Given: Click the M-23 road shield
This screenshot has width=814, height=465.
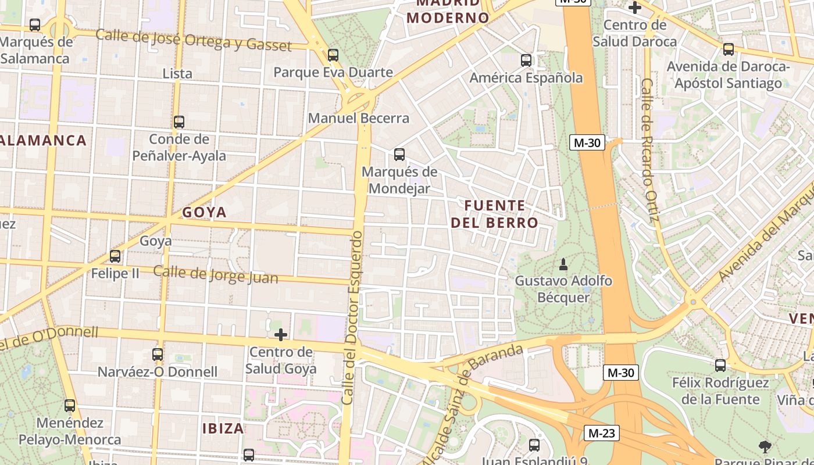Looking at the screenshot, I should pyautogui.click(x=601, y=432).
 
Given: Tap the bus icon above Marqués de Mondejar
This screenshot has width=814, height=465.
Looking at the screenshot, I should pyautogui.click(x=399, y=155).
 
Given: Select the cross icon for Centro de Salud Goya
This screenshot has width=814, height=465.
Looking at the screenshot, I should pyautogui.click(x=281, y=335).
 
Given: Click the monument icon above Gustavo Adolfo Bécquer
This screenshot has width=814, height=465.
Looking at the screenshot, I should pyautogui.click(x=563, y=264).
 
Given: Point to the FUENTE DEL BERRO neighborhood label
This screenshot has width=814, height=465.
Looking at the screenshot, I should pyautogui.click(x=495, y=214).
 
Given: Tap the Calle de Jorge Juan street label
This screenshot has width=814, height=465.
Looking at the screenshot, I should pyautogui.click(x=216, y=274).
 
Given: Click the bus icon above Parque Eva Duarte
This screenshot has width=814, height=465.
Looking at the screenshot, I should pyautogui.click(x=333, y=55).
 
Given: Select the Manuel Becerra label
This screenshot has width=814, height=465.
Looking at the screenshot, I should pyautogui.click(x=359, y=118).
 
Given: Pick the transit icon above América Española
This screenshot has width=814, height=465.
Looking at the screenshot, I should pyautogui.click(x=526, y=60).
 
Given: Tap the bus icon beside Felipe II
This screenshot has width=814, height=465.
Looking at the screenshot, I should pyautogui.click(x=115, y=256).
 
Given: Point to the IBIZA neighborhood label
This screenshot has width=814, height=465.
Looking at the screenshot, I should pyautogui.click(x=223, y=429).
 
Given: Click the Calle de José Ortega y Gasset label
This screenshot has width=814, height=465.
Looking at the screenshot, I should pyautogui.click(x=193, y=40).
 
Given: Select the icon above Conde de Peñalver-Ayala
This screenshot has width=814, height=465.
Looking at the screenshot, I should pyautogui.click(x=179, y=122).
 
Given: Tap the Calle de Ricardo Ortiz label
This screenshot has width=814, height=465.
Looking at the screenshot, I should pyautogui.click(x=649, y=151).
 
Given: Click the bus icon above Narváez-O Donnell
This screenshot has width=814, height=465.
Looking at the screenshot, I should pyautogui.click(x=158, y=354).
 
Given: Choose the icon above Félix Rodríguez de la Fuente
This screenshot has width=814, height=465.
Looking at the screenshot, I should pyautogui.click(x=720, y=365).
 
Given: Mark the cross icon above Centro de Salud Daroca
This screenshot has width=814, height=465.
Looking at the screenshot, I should pyautogui.click(x=635, y=8).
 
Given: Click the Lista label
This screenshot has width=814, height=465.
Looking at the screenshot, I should pyautogui.click(x=177, y=74).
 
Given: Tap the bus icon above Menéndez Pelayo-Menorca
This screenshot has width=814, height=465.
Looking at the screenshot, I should pyautogui.click(x=70, y=405).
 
